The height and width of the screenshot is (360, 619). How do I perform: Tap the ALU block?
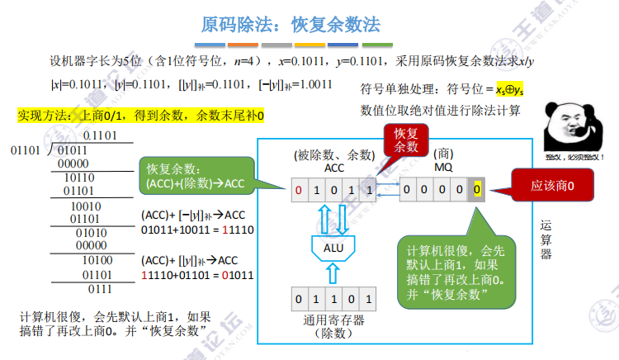click(332, 246)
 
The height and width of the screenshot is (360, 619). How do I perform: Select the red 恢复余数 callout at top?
click(405, 140)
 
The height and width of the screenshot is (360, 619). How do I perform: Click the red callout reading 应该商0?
click(552, 187)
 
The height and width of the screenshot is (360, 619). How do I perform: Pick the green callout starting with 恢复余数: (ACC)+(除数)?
click(193, 175)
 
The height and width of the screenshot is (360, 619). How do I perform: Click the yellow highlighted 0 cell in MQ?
click(477, 191)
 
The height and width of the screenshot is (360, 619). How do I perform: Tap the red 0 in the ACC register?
click(300, 191)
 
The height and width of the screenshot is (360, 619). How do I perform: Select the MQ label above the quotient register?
click(443, 168)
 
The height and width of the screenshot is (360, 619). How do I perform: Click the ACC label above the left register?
click(333, 168)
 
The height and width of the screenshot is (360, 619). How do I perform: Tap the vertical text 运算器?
click(546, 239)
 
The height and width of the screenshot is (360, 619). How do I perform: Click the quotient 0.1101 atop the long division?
click(100, 135)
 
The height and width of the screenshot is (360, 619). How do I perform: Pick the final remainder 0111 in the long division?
click(100, 289)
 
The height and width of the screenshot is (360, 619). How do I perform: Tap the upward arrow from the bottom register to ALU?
click(333, 272)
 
